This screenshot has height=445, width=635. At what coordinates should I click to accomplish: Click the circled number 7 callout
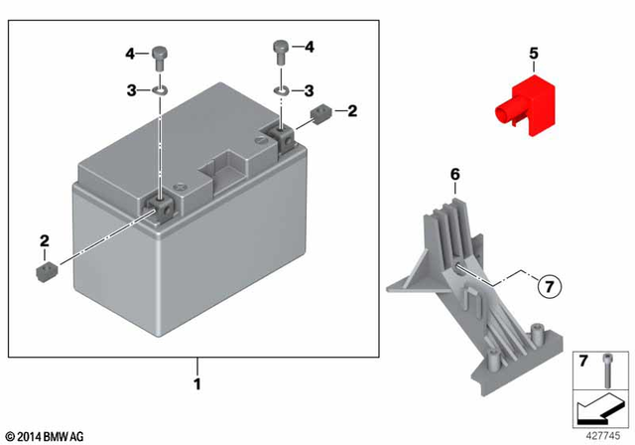(x=550, y=288)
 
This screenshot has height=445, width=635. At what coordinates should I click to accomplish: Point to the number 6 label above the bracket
(x=455, y=174)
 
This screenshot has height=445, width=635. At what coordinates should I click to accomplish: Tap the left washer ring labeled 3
(x=159, y=90)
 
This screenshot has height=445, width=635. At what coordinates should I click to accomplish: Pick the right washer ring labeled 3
(x=282, y=89)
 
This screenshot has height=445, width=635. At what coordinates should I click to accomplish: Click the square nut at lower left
(x=44, y=271)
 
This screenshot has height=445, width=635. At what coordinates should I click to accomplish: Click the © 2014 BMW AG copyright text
(x=46, y=436)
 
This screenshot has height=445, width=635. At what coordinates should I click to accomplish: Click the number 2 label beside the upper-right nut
(x=350, y=112)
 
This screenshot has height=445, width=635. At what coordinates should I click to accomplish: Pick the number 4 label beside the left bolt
(x=129, y=52)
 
